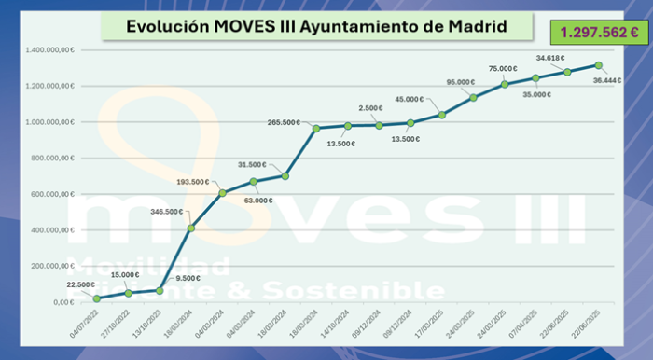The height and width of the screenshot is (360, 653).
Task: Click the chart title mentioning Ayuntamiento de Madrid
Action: point(317,27)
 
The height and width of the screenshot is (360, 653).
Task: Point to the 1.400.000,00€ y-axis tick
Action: point(50,49)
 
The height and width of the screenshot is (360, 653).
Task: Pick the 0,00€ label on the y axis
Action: point(63,302)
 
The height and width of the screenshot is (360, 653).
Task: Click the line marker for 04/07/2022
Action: point(97,298)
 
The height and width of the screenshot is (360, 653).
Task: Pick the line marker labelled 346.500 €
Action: point(191,228)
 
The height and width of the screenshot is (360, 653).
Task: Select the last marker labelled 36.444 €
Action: point(599,65)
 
